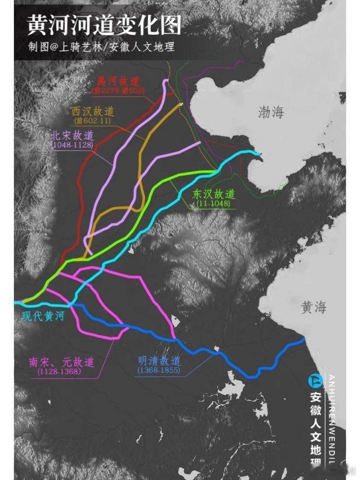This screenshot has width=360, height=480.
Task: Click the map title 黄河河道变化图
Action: [x=104, y=25]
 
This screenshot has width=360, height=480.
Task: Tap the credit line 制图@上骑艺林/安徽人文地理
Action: [x=101, y=47]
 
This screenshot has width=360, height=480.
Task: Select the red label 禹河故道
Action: [x=118, y=81]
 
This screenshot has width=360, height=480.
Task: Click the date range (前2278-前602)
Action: [x=118, y=90]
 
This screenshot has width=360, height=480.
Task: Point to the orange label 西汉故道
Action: [x=93, y=111]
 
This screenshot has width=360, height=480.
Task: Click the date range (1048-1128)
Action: [x=71, y=145]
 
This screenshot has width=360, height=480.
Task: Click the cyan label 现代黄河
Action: [x=43, y=316]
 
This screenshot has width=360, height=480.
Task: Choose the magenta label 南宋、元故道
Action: [x=61, y=362]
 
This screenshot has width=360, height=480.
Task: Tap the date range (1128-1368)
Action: [x=59, y=372]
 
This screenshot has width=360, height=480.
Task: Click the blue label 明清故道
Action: [x=159, y=361]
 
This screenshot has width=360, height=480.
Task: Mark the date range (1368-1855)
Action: [x=159, y=370]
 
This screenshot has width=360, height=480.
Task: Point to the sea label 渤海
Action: [x=271, y=112]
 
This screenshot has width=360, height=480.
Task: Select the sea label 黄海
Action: [x=313, y=308]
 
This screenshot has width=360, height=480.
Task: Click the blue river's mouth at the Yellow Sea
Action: [x=304, y=339]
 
